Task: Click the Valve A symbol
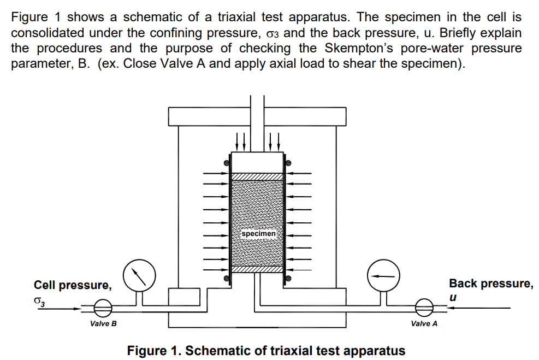point(424,308)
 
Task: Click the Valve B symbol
point(103,308)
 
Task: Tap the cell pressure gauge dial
point(139,275)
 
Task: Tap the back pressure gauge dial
point(383,275)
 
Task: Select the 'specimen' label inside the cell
point(258,233)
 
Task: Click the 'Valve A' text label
point(424,323)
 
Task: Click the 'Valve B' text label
point(103,323)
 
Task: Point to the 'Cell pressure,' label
point(73,285)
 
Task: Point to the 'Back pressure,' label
point(491,284)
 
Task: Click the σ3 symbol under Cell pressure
point(39,301)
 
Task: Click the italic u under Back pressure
point(453,297)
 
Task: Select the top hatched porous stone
point(257,177)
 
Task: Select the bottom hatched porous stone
point(257,269)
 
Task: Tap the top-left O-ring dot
point(227,163)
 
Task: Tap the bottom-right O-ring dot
point(288,278)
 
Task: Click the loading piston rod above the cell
point(257,124)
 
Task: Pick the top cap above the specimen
point(257,162)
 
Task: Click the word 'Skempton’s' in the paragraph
point(359,48)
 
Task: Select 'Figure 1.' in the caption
point(155,351)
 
